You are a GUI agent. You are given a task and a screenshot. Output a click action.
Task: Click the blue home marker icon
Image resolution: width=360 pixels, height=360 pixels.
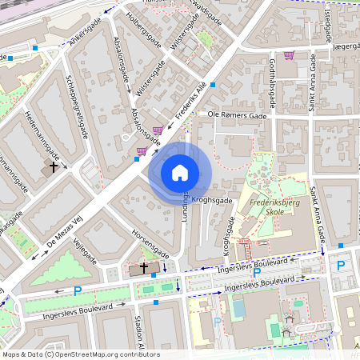180,173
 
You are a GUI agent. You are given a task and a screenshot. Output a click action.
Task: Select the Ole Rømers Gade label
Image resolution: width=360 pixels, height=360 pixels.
236,114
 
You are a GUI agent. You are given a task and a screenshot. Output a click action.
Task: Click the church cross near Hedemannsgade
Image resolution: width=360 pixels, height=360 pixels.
54,167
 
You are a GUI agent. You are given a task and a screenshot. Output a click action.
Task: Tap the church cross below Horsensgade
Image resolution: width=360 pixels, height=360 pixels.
144,268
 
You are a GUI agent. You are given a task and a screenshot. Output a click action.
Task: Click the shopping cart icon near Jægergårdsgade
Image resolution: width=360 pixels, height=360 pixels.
289,56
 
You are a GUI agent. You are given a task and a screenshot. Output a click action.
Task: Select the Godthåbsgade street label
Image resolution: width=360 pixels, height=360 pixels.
271,83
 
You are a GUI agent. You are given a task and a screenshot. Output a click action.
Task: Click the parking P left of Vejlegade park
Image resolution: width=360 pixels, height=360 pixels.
78,290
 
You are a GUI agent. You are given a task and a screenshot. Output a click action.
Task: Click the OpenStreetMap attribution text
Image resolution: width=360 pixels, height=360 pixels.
80,354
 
